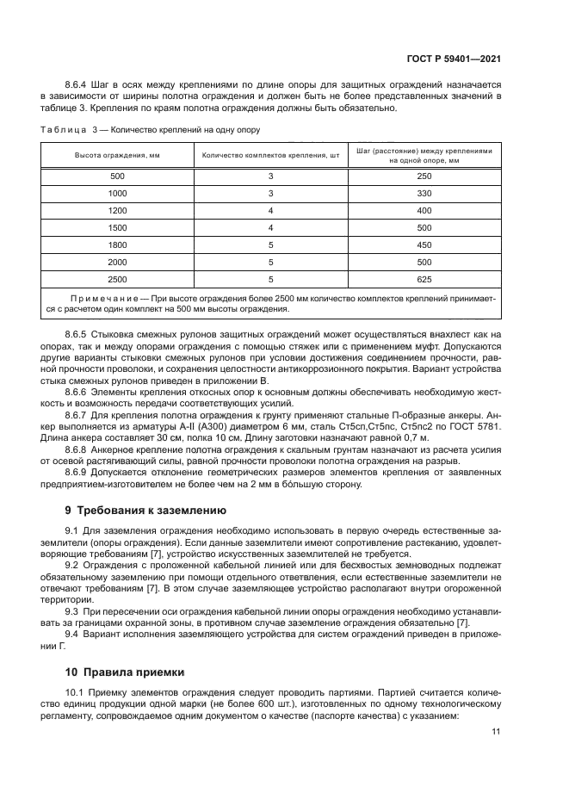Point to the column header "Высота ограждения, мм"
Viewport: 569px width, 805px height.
tap(117, 155)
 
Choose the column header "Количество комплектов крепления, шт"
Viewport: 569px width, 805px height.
tap(270, 155)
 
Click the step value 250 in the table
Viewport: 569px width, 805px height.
tap(424, 176)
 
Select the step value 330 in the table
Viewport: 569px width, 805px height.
tap(424, 193)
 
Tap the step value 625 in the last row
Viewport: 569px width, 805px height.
tap(424, 279)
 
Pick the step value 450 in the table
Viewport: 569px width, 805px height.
tap(424, 245)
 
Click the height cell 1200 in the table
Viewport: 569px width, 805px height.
tap(117, 210)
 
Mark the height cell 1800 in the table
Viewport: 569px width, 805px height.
tap(117, 245)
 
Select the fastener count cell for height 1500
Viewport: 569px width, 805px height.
tap(270, 227)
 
